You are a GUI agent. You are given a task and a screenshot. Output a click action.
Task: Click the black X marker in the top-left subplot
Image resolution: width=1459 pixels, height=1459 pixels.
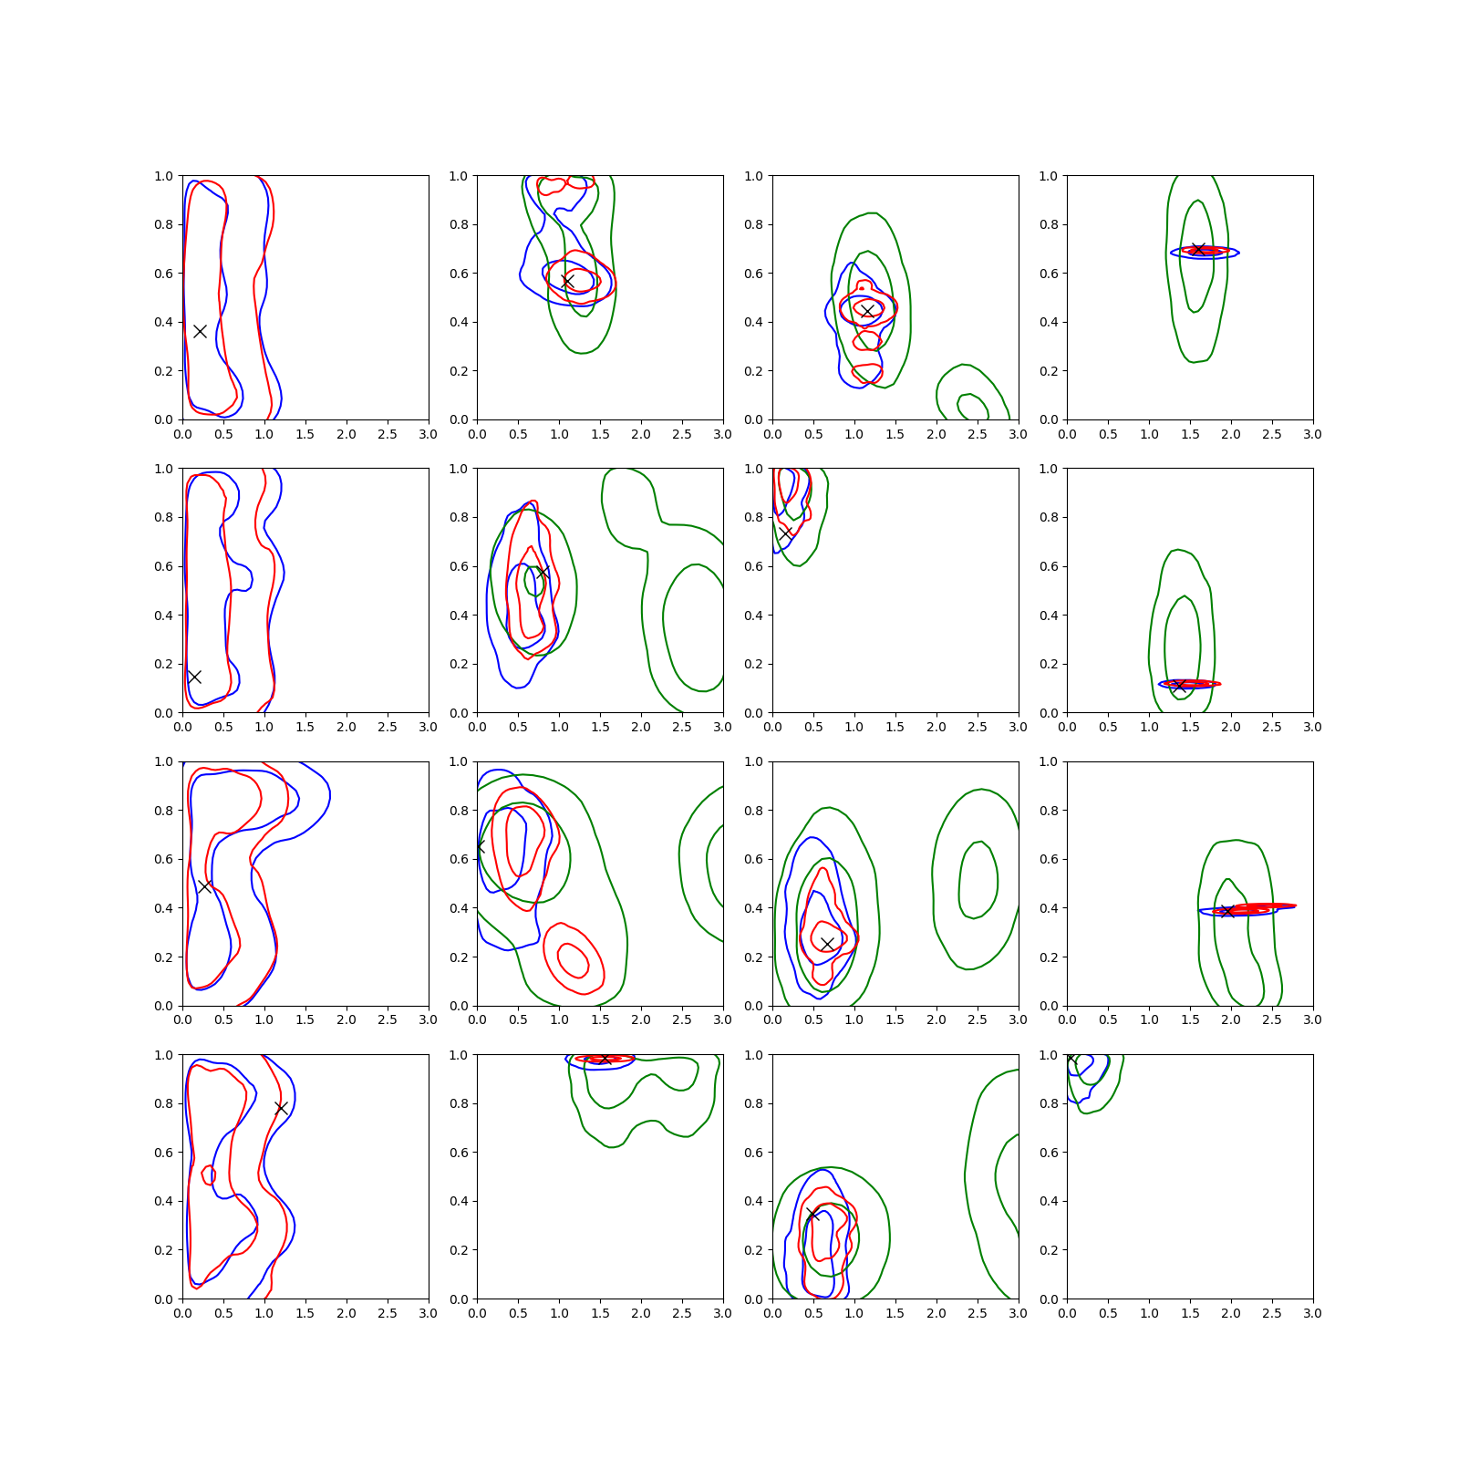200,331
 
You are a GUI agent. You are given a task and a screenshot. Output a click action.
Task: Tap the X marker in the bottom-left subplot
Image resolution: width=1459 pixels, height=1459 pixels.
281,1108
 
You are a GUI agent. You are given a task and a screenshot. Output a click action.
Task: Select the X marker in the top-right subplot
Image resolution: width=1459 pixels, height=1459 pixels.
1198,249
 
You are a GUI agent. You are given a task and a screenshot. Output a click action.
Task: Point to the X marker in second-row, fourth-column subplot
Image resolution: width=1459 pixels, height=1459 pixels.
1179,686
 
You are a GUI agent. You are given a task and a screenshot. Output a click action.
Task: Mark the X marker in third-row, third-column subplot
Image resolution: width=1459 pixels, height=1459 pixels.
827,944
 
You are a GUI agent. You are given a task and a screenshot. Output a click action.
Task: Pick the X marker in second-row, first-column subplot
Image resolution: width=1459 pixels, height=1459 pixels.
194,677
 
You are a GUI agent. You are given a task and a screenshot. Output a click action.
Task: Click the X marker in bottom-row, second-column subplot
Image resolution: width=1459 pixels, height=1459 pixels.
604,1058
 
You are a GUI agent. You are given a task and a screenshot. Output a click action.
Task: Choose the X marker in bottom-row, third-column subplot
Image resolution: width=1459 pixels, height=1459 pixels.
813,1215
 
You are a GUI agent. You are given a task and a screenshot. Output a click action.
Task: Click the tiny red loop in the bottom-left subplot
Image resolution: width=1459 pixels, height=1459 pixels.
209,1174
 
